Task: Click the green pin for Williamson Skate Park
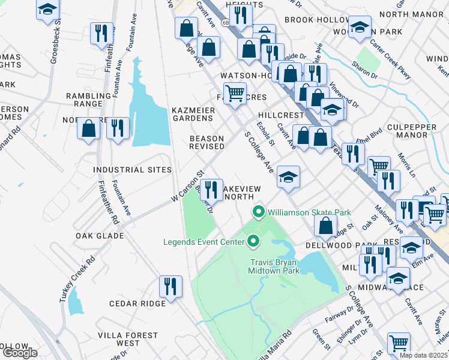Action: (x=259, y=212)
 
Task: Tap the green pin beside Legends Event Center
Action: (x=253, y=242)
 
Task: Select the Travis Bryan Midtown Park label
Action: (x=274, y=266)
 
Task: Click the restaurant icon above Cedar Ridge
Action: (x=170, y=286)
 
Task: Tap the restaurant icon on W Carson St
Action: (x=211, y=190)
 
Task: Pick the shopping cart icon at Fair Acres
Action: (x=235, y=93)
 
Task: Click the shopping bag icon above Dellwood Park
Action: (x=325, y=226)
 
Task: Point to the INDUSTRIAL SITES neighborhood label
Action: (x=132, y=170)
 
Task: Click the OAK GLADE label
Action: (x=100, y=236)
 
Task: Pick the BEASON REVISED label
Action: (x=206, y=142)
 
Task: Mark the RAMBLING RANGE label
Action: (x=85, y=100)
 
